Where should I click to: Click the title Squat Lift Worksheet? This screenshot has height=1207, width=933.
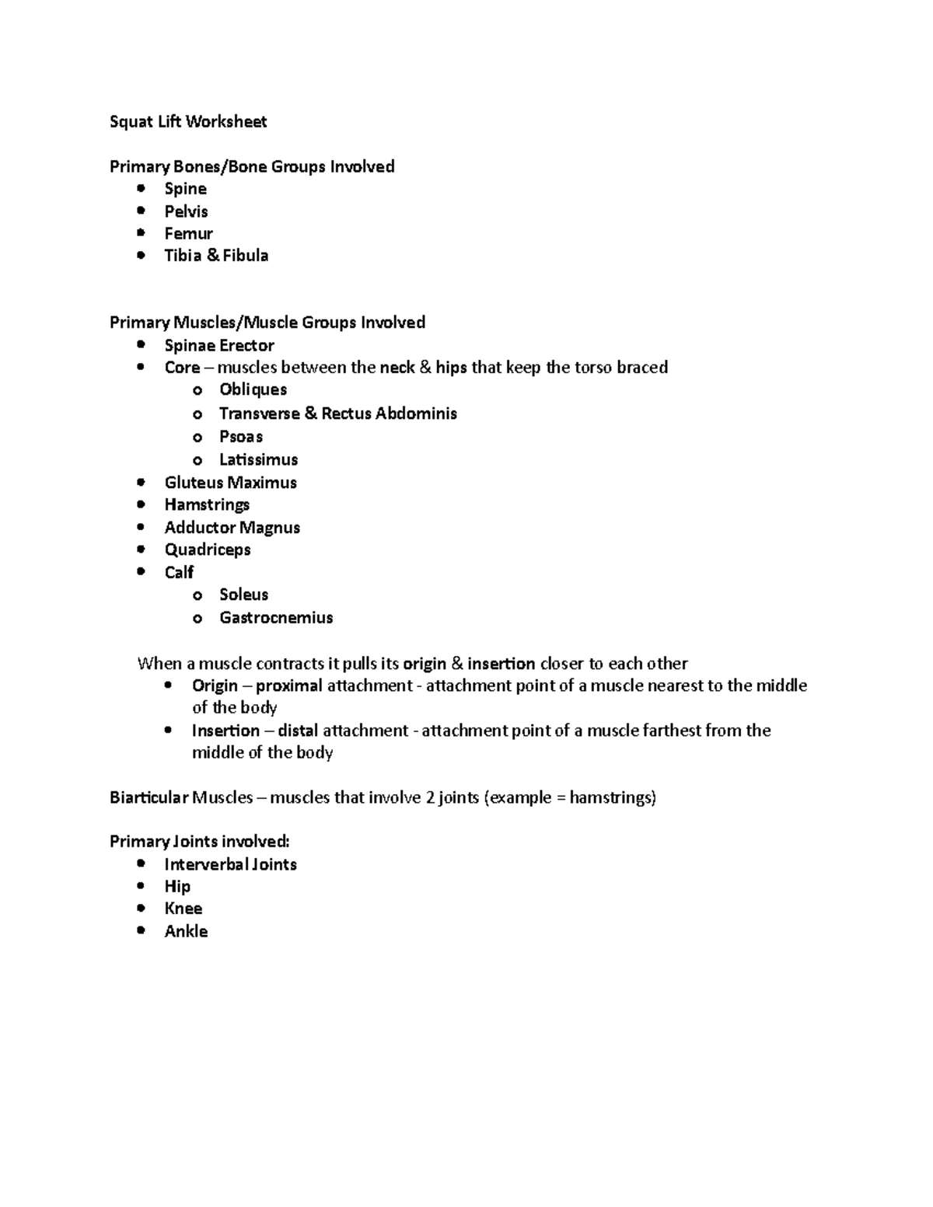coord(188,121)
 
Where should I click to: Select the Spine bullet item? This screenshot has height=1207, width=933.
coord(185,189)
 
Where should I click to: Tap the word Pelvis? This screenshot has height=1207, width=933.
coord(186,211)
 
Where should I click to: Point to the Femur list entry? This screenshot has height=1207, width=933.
coord(188,233)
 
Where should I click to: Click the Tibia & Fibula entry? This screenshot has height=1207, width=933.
coord(216,256)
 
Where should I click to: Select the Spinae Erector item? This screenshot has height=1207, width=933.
coord(219,345)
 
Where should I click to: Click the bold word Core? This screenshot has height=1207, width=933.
coord(182,368)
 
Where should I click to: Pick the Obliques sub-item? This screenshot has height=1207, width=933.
coord(253,389)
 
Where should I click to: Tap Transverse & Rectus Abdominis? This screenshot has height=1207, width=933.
coord(337,413)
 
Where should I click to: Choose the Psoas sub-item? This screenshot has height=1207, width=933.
coord(241,437)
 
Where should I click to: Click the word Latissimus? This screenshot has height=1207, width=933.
coord(258,459)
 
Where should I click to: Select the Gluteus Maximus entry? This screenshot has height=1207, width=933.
coord(230,483)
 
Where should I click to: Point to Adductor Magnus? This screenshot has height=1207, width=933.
coord(232,528)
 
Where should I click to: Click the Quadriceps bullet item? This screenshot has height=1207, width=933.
coord(208,549)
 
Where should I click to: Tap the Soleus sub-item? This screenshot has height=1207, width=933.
coord(243,595)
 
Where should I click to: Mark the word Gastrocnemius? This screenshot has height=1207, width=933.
coord(276,618)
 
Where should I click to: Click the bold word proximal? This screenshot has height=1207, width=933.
coord(288,685)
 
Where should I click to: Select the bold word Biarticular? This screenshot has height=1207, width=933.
coord(149,797)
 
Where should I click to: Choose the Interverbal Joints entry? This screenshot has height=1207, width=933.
coord(230,864)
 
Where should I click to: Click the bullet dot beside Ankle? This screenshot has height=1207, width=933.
coord(140,930)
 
